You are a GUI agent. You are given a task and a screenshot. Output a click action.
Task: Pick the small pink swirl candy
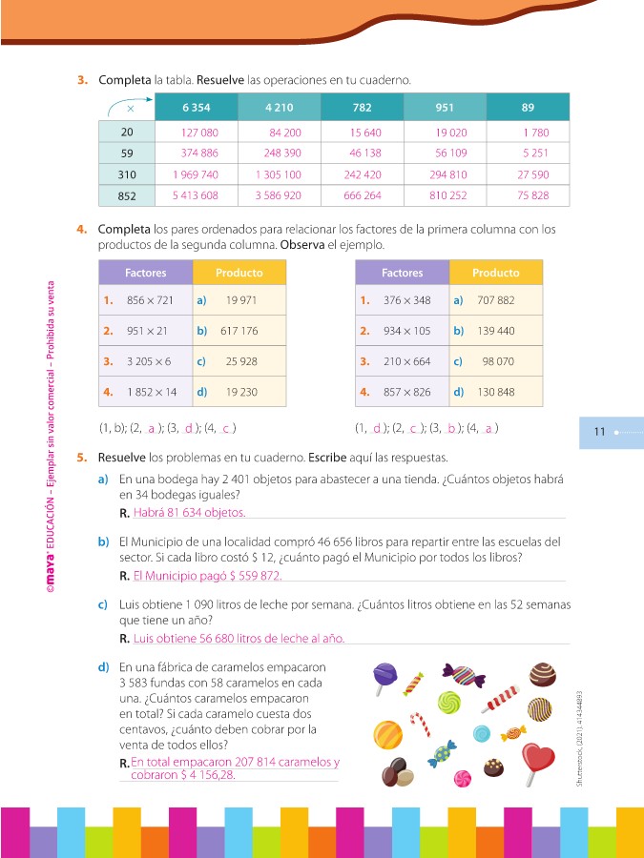(x=463, y=780)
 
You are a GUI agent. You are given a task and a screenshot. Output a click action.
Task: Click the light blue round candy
(x=482, y=733)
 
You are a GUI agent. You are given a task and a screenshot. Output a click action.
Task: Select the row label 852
(x=127, y=195)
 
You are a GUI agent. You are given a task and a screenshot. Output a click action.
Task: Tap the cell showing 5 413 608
(x=196, y=195)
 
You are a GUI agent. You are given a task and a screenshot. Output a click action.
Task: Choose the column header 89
(x=528, y=108)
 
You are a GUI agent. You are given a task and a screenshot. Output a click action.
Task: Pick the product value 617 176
(x=239, y=332)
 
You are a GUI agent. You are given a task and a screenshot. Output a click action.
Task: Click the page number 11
(x=599, y=432)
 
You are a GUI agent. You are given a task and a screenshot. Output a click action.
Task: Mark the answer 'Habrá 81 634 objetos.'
(x=189, y=513)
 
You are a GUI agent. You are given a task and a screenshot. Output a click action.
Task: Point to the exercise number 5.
(x=82, y=458)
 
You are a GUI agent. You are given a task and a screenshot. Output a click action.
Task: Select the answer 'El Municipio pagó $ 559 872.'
(x=207, y=576)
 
